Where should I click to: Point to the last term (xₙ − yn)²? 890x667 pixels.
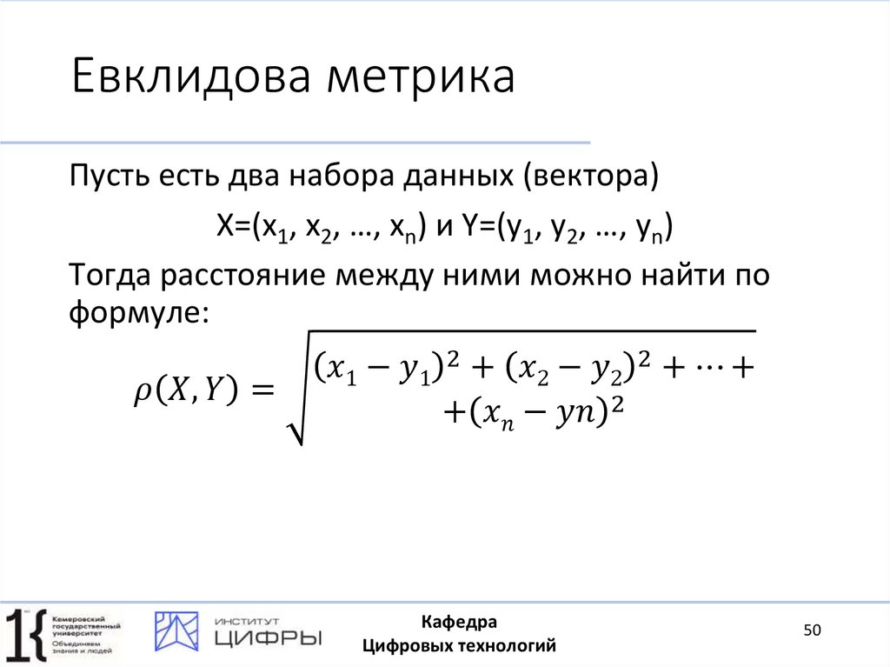pos(536,410)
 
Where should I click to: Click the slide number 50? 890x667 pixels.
pos(812,630)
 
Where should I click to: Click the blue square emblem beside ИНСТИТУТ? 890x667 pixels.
pos(176,631)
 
